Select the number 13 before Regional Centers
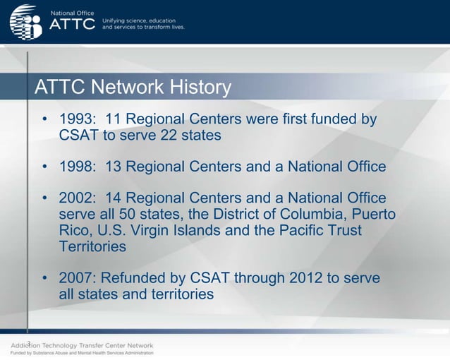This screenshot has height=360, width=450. tap(114, 167)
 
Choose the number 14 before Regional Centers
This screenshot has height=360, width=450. tap(114, 198)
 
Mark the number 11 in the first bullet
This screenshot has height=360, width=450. tap(114, 119)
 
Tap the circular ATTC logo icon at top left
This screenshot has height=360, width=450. tap(26, 23)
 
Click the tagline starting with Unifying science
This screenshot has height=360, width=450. tap(143, 24)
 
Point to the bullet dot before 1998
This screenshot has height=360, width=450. tap(44, 168)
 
